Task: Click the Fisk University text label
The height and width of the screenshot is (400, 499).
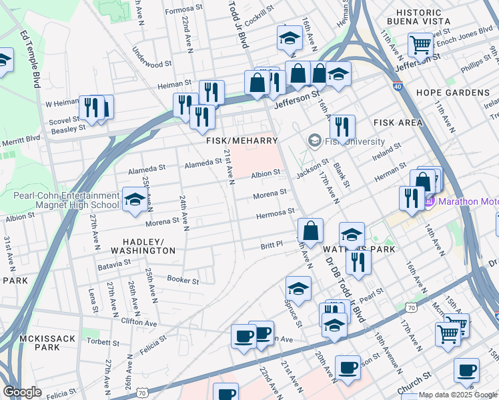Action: coord(355,142)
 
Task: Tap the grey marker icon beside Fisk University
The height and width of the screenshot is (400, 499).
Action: coord(314,142)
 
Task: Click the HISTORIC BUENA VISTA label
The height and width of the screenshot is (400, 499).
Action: coord(446,17)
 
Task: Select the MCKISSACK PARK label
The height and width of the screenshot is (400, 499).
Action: coord(48,343)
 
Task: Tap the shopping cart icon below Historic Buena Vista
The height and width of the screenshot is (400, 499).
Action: coord(421,45)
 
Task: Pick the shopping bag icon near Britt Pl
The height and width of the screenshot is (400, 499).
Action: coord(310,231)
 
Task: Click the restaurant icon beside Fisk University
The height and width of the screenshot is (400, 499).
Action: coord(342,126)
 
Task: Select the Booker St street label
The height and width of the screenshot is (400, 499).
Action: coord(183,281)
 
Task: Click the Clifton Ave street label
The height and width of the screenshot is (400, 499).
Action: coord(139,321)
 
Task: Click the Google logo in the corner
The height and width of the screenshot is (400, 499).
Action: coord(22,392)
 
